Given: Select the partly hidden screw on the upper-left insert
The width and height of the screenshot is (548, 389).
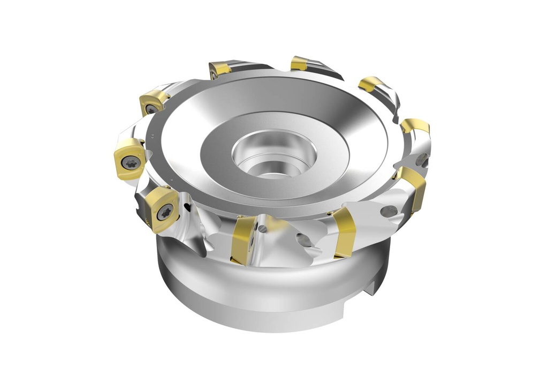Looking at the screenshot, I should (x=151, y=109).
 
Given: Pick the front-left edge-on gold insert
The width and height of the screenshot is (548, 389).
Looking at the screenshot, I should (x=241, y=240).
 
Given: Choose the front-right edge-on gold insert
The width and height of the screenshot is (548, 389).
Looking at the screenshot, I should (x=343, y=233).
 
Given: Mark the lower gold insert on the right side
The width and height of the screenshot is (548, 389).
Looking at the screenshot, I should (x=412, y=188).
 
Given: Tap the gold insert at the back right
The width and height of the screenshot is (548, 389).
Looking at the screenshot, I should (x=371, y=84).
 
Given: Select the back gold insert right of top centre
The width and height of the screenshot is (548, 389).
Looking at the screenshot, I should (x=299, y=64).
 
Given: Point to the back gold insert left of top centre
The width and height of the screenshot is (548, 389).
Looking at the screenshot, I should (x=220, y=69).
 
